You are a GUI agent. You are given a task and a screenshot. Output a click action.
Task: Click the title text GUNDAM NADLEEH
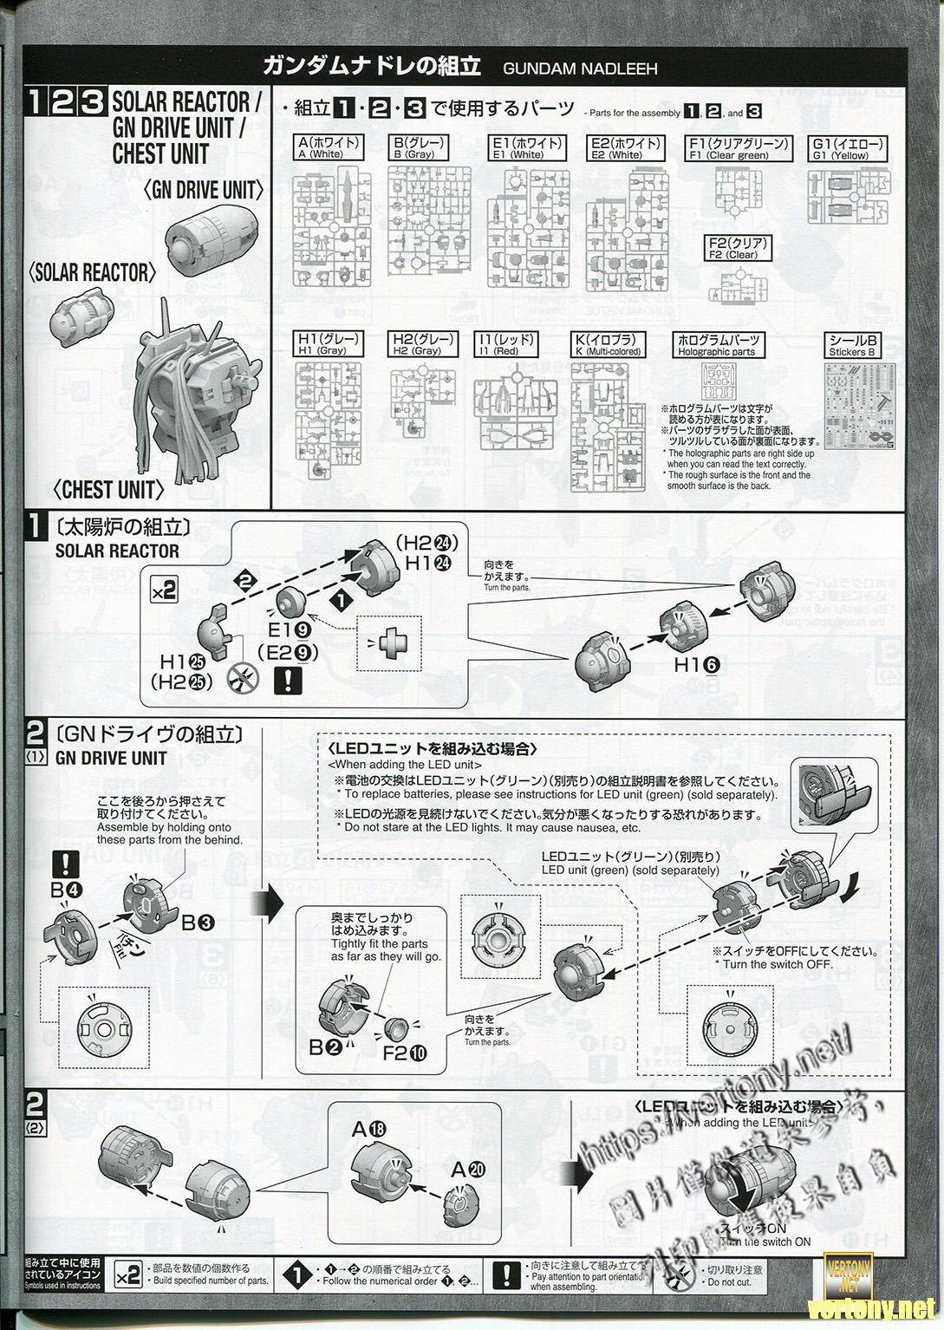point(579,68)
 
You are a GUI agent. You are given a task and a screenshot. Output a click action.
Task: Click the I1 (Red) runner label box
point(506,345)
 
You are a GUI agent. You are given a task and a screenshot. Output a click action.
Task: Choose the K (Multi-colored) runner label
point(612,345)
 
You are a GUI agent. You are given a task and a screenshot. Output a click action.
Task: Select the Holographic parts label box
point(716,345)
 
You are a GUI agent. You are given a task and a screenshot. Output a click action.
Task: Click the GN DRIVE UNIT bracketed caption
point(205,190)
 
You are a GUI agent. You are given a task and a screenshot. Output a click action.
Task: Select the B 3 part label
point(199,923)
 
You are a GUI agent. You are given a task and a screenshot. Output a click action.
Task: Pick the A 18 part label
point(370,1129)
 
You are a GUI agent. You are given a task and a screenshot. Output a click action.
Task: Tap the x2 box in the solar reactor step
point(163,590)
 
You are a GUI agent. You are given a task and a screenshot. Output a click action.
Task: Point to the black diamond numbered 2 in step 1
point(246,579)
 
